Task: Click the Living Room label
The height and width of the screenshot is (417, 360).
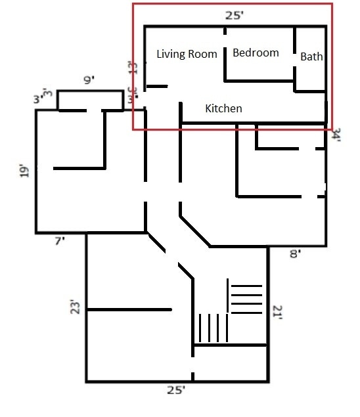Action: coord(187,55)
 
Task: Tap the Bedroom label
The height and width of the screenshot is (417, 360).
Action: coord(256,53)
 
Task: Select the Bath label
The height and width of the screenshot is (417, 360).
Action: coord(311,56)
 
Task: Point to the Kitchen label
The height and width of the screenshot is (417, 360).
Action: coord(223,108)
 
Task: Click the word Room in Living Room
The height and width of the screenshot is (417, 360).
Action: coord(202,55)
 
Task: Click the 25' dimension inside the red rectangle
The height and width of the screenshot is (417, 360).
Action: coord(229,14)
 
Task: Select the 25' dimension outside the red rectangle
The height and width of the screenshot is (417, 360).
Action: coord(175,390)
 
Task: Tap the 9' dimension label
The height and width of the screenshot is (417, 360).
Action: coord(89,81)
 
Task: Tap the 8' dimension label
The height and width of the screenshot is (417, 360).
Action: coord(295,254)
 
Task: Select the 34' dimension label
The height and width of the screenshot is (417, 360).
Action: coord(336,135)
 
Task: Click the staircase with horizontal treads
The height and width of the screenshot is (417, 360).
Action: coord(245,299)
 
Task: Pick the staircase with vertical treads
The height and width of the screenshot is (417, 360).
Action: coord(210,326)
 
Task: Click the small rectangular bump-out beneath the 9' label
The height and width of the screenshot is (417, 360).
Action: coord(91,100)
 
